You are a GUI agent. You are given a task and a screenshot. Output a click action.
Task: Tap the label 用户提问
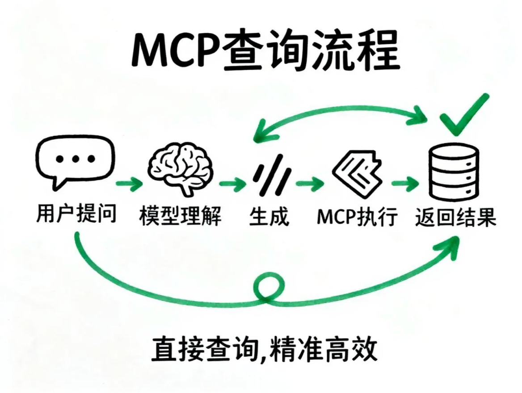point(76,214)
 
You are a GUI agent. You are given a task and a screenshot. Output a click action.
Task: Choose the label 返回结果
point(455,216)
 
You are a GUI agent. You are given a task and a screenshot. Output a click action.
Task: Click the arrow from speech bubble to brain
point(128,183)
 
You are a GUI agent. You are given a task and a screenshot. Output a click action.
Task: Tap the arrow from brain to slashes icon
point(232,183)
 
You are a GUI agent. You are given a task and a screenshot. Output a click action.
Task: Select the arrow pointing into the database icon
point(405,183)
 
